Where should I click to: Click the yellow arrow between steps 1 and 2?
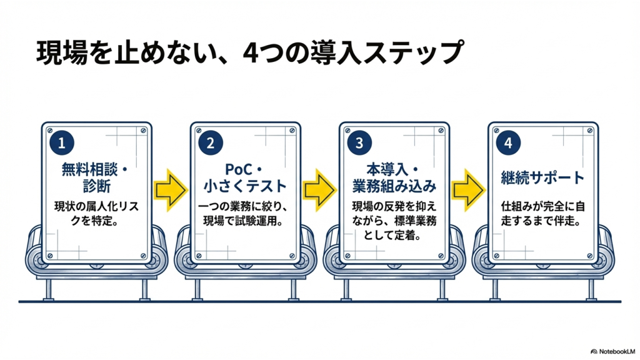[x=171, y=186]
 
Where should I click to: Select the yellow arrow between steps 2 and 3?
[x=319, y=186]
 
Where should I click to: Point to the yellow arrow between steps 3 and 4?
[x=468, y=186]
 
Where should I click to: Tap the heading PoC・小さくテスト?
[x=246, y=177]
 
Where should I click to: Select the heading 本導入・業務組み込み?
[x=394, y=177]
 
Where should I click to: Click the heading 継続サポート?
[x=543, y=177]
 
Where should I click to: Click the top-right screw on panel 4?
[x=589, y=131]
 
